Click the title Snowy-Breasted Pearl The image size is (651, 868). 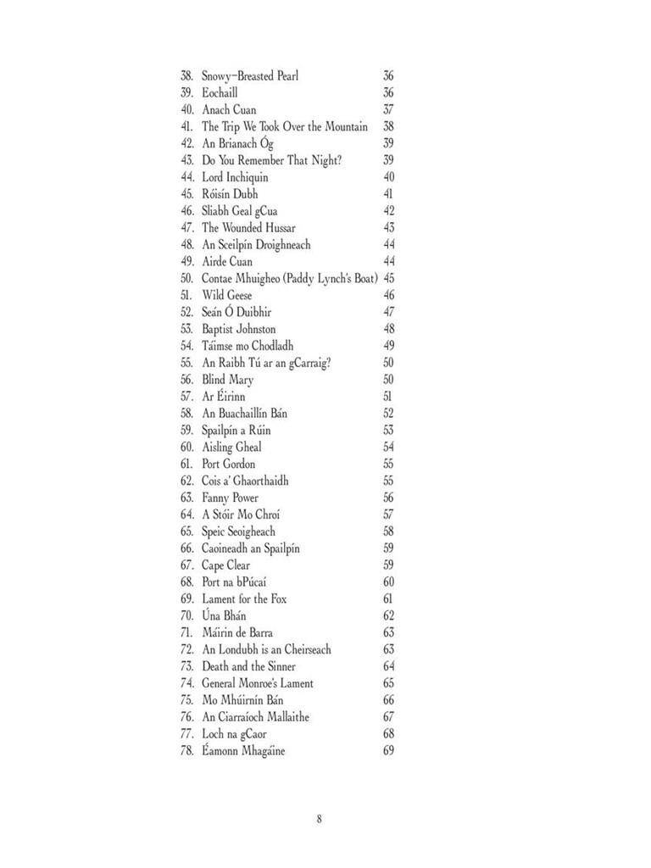[249, 76]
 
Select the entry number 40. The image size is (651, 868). [187, 110]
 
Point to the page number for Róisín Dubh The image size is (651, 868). [388, 194]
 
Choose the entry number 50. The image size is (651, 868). [187, 278]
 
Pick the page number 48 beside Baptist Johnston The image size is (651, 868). [388, 329]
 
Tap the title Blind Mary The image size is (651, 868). [227, 380]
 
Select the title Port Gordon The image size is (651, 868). [228, 464]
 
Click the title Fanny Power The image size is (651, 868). [230, 498]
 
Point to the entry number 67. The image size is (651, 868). [187, 565]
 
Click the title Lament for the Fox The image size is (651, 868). [244, 599]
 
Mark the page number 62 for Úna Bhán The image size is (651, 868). [388, 616]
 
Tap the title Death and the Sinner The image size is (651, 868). [248, 666]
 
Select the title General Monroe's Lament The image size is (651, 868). [257, 683]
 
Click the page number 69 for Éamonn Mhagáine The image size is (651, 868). [388, 751]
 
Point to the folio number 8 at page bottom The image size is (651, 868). [320, 819]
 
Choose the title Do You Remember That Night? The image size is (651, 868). [271, 160]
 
